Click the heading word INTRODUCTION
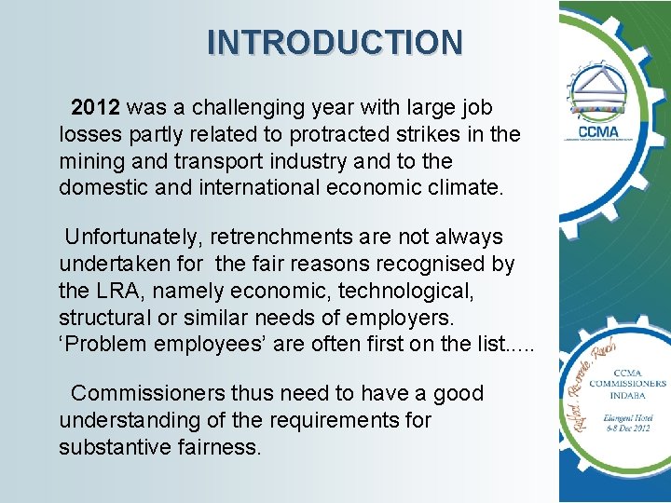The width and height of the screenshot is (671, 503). (x=335, y=43)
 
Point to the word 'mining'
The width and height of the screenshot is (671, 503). (x=93, y=161)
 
